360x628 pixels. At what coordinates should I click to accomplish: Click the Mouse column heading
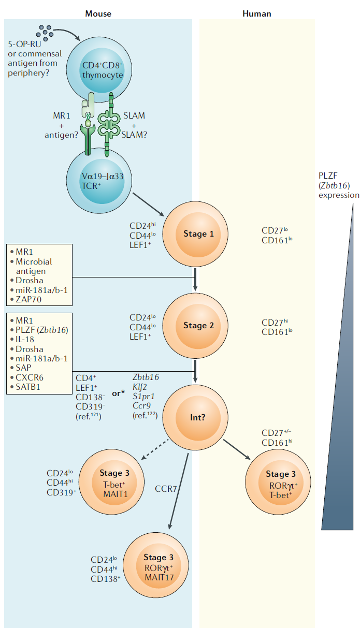[98, 13]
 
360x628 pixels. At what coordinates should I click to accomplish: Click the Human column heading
[257, 13]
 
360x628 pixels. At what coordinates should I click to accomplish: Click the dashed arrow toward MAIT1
[155, 450]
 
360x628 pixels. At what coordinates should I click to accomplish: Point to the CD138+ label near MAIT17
[106, 579]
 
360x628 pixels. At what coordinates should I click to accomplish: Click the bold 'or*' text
[119, 393]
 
